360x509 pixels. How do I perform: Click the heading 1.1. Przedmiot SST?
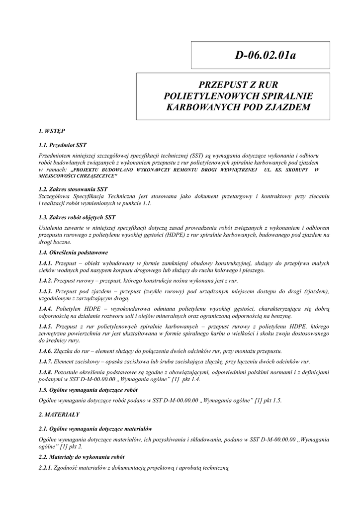(x=63, y=145)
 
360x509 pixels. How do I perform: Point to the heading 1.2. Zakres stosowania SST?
(x=73, y=189)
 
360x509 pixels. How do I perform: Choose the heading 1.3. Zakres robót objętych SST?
(x=77, y=217)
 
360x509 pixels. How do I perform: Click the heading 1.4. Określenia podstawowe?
(x=73, y=253)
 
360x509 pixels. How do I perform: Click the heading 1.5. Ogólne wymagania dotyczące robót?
(x=88, y=390)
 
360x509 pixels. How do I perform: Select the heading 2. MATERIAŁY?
(x=59, y=414)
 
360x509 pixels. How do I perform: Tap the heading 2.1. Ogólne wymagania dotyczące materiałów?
(x=95, y=428)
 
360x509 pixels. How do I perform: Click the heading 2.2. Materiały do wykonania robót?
(x=81, y=456)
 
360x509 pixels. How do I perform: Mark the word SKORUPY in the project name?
(x=296, y=170)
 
